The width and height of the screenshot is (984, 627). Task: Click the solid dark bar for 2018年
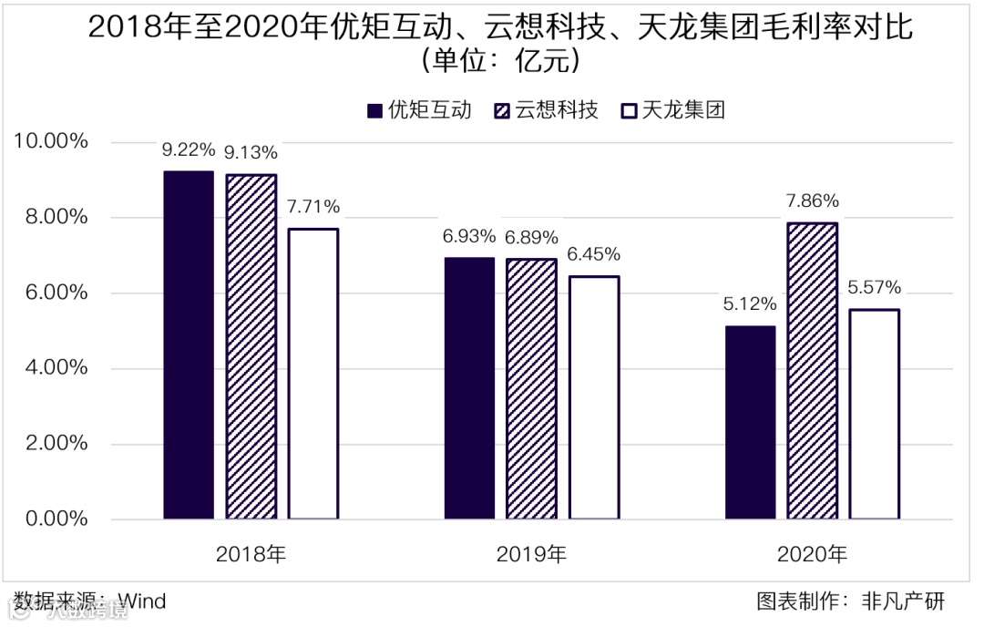(x=189, y=345)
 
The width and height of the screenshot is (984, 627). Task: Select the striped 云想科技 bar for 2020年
(x=812, y=371)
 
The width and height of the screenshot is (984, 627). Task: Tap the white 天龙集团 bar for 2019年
(x=594, y=397)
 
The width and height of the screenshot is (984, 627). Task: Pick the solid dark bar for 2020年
(x=750, y=423)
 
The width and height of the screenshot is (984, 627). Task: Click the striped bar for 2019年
(x=531, y=389)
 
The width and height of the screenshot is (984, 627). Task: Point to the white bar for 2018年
(x=313, y=374)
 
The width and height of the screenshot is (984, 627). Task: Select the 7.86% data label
(x=813, y=202)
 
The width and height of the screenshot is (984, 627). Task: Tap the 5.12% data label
(x=750, y=305)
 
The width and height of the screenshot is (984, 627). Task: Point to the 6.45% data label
(x=594, y=255)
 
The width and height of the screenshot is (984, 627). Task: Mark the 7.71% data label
(x=313, y=207)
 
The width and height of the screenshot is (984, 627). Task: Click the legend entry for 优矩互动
(x=419, y=111)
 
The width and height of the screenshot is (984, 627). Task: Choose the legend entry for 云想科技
(x=545, y=111)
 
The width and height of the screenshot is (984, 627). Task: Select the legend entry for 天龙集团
(x=671, y=111)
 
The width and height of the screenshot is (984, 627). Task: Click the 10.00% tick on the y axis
(x=50, y=142)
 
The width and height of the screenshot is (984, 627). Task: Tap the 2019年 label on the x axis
(x=531, y=554)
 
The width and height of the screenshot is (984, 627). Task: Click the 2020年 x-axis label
(x=812, y=554)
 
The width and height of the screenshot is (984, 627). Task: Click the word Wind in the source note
(x=143, y=602)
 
